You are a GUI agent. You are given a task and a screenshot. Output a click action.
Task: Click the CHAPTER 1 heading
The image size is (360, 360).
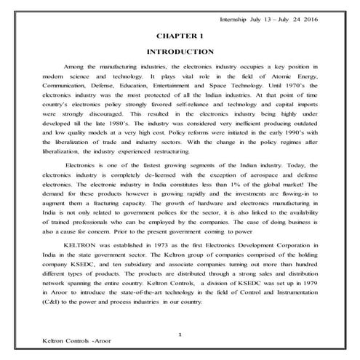(x=180, y=35)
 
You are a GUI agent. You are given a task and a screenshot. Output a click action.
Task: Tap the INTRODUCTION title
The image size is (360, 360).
(x=180, y=52)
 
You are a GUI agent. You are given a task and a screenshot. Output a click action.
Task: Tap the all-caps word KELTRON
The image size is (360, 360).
(x=79, y=248)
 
